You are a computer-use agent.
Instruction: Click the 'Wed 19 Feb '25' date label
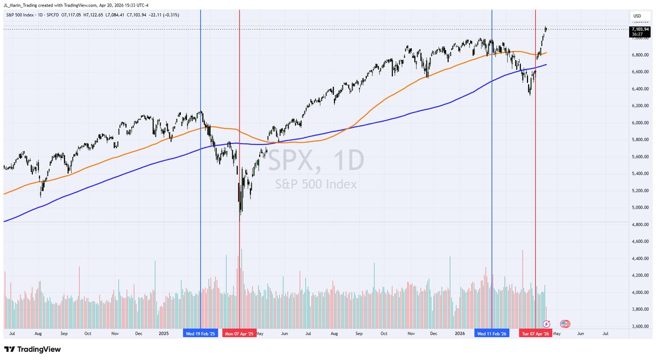[x=201, y=333]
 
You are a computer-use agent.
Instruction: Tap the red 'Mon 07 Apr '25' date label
[x=239, y=333]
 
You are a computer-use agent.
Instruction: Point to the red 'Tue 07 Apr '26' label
[x=535, y=333]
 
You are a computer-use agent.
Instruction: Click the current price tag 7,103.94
[x=639, y=29]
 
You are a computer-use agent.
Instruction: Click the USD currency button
[x=637, y=16]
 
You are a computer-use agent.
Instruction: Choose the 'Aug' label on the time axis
[x=38, y=333]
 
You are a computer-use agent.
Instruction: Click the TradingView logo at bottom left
[x=33, y=349]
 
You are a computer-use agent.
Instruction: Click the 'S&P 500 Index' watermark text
[x=315, y=184]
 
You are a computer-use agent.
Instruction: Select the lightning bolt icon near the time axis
[x=546, y=324]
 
